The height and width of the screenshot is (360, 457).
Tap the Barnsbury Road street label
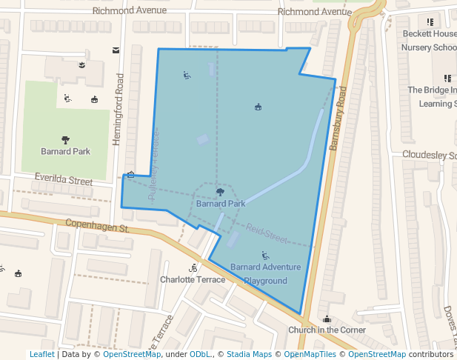pos(338,118)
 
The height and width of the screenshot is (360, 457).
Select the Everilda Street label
pos(64,181)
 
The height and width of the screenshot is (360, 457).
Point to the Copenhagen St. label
pos(97,224)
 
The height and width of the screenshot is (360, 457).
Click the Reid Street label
pos(266,235)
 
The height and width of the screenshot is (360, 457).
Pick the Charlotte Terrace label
pos(193,279)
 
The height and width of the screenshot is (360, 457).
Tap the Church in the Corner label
pos(327,330)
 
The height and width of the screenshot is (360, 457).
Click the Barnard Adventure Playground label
pos(265,274)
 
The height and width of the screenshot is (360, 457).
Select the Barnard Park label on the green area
pos(65,151)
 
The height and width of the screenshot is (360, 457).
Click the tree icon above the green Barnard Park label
pos(66,139)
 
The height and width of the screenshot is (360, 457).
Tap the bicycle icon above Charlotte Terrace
pos(193,267)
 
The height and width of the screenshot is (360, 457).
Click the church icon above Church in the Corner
pos(327,319)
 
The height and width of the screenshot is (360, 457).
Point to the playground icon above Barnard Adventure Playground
pos(265,255)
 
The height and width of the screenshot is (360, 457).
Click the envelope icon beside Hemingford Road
pos(116,50)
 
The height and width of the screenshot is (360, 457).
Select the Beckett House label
pos(429,34)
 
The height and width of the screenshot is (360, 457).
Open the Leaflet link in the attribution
pos(41,354)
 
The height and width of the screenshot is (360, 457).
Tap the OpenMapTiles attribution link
pos(312,354)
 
